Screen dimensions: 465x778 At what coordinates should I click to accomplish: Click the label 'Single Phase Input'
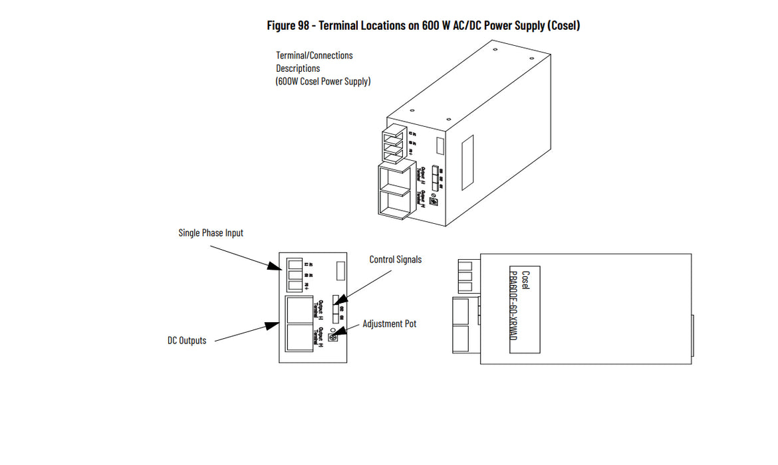(x=211, y=232)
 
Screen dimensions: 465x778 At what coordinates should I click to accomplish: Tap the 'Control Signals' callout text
(x=395, y=260)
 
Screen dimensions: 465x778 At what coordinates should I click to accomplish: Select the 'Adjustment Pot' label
(x=389, y=324)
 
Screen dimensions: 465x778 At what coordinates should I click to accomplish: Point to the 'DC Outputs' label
(x=186, y=341)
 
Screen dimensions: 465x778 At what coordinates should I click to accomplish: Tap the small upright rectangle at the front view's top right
(x=340, y=270)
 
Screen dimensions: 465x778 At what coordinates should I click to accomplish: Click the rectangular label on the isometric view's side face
(x=439, y=145)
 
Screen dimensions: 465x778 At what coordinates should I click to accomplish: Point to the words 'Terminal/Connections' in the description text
(x=315, y=55)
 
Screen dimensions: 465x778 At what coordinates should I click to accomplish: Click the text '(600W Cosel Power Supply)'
(x=323, y=82)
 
